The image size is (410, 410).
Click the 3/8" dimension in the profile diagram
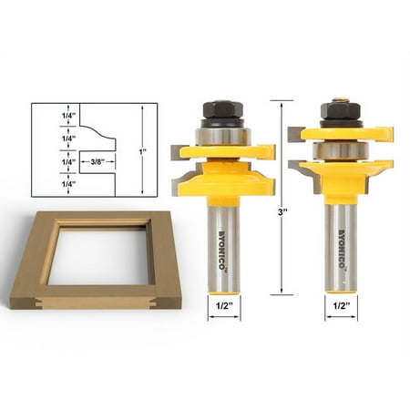pyautogui.click(x=97, y=162)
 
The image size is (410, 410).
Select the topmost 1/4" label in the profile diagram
pyautogui.click(x=68, y=116)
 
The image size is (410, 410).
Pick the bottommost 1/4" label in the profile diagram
pyautogui.click(x=68, y=184)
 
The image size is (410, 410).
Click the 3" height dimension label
pyautogui.click(x=282, y=212)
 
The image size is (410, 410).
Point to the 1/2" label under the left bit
pyautogui.click(x=224, y=306)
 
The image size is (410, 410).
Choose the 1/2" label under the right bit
pyautogui.click(x=342, y=306)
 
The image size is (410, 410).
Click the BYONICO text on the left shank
pyautogui.click(x=223, y=251)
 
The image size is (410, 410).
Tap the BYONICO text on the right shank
pyautogui.click(x=342, y=249)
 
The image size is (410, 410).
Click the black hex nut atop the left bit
pyautogui.click(x=223, y=109)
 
